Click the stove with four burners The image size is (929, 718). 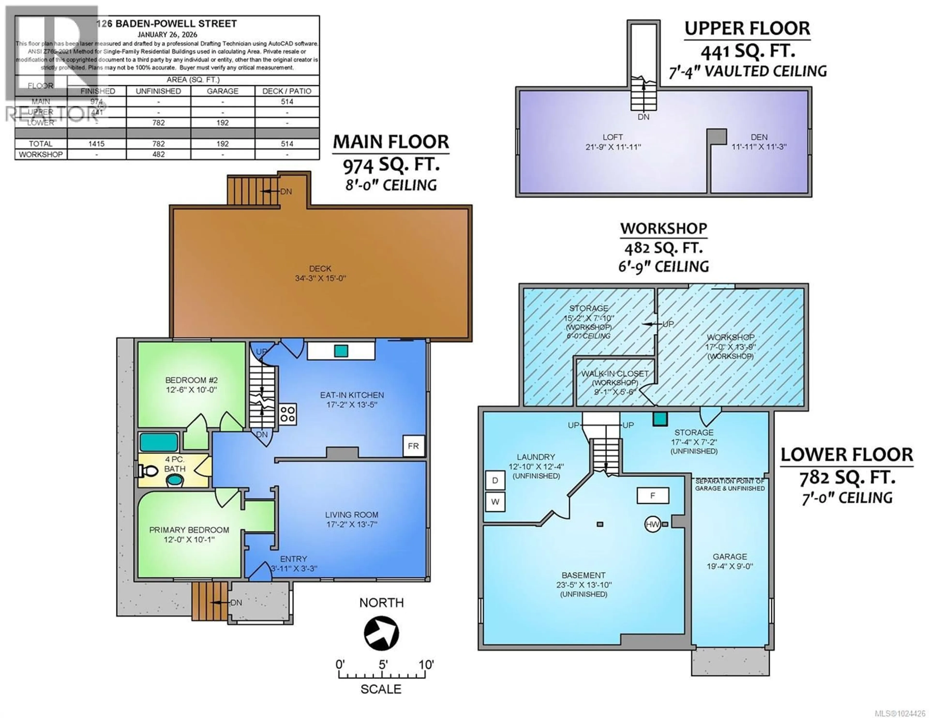tap(288, 414)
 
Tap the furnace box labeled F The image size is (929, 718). tap(652, 495)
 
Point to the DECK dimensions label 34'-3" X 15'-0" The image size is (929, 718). tap(320, 278)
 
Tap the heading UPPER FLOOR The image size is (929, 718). tap(747, 29)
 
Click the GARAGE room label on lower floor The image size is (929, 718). tap(729, 556)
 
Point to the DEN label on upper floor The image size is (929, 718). tap(759, 137)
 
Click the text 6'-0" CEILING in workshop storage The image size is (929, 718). tap(588, 336)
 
